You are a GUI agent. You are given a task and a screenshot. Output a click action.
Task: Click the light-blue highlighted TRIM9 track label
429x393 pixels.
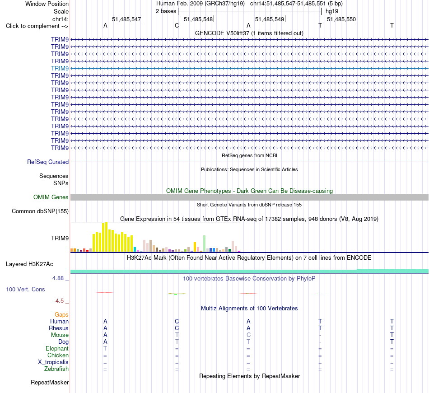(x=60, y=68)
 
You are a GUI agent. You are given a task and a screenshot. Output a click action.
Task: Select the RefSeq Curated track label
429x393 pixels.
(x=48, y=162)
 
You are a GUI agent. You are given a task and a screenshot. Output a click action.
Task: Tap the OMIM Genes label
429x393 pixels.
(x=51, y=197)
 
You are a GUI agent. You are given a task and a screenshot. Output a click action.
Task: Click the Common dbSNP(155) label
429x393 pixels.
(x=40, y=211)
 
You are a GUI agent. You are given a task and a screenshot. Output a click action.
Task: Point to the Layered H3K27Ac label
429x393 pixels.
(x=29, y=264)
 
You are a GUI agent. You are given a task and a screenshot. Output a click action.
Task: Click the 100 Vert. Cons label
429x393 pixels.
(x=25, y=289)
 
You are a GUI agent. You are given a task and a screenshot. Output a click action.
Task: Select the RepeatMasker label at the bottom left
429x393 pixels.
(x=50, y=382)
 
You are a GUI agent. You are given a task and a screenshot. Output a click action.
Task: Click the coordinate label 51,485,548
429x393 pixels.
(x=198, y=19)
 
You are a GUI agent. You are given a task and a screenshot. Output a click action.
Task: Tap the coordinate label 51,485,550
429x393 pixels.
(x=341, y=19)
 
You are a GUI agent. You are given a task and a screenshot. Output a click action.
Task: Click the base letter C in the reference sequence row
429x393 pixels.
(x=177, y=26)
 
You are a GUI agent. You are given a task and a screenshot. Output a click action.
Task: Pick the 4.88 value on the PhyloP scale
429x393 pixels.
(x=58, y=278)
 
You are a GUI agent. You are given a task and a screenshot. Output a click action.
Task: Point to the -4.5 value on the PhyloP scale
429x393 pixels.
(x=59, y=301)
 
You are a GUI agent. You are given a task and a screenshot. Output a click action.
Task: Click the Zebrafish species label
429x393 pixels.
(x=56, y=369)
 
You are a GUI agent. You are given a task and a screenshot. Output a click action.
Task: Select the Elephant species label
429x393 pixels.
(x=57, y=349)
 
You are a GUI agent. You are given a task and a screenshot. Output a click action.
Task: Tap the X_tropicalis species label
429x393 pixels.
(x=53, y=362)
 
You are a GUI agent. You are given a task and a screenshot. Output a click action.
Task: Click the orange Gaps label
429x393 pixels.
(x=61, y=315)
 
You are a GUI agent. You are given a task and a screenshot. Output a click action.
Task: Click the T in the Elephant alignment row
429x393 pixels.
(x=105, y=349)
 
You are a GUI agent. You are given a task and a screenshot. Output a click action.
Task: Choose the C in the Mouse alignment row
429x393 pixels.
(x=248, y=335)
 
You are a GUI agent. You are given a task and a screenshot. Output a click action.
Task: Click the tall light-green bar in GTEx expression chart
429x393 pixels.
(x=205, y=243)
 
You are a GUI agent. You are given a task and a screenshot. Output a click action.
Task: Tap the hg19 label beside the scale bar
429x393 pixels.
(x=332, y=11)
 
